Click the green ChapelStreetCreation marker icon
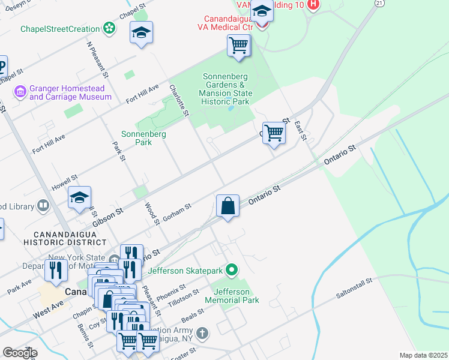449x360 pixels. coord(109,28)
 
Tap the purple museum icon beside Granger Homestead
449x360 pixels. coord(20,92)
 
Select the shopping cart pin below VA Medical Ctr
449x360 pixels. coord(238,45)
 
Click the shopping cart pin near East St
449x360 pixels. coord(274,132)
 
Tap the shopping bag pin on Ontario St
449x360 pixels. coord(228,206)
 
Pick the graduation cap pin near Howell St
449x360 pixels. coord(80,197)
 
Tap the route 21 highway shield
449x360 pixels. coord(378,3)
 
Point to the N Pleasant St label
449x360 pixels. coord(97,60)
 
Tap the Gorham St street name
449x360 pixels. coord(177,212)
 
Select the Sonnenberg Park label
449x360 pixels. coord(143,138)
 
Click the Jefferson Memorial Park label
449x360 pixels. coord(232,296)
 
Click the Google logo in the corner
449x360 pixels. coord(20,353)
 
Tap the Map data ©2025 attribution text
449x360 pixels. coord(423,355)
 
